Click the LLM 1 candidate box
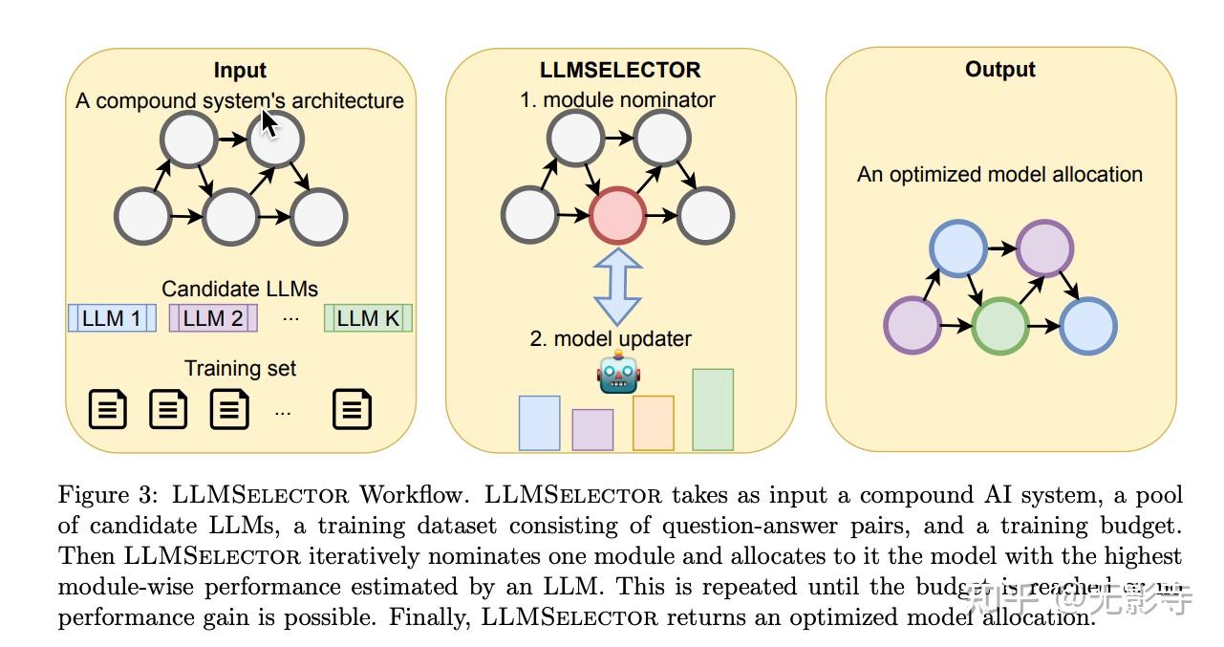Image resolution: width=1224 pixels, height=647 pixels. click(x=111, y=318)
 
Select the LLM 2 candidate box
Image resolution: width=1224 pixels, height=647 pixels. click(x=213, y=318)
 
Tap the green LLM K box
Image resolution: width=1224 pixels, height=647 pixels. click(x=368, y=318)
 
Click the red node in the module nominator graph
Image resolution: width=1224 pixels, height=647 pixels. click(x=618, y=215)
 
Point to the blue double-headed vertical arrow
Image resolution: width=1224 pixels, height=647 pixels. click(x=618, y=286)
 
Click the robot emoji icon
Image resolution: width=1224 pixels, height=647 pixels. click(x=618, y=372)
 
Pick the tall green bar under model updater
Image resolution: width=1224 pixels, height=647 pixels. click(x=712, y=409)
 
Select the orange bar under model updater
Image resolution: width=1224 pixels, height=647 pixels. click(x=653, y=422)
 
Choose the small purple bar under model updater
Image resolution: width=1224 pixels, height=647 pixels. click(x=592, y=429)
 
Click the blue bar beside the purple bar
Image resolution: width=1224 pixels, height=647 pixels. click(x=539, y=422)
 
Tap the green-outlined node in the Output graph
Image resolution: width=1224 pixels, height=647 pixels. click(x=999, y=326)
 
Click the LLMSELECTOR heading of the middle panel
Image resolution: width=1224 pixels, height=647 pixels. click(x=620, y=70)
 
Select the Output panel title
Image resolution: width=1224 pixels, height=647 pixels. click(x=999, y=69)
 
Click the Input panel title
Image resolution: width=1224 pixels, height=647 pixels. click(x=240, y=70)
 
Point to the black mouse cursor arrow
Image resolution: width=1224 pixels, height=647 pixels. click(x=269, y=124)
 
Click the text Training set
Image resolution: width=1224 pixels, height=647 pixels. click(x=240, y=368)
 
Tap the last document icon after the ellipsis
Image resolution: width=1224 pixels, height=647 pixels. click(x=352, y=409)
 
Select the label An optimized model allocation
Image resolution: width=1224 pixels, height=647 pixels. click(x=999, y=175)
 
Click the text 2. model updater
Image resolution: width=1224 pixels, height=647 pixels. click(x=611, y=338)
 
